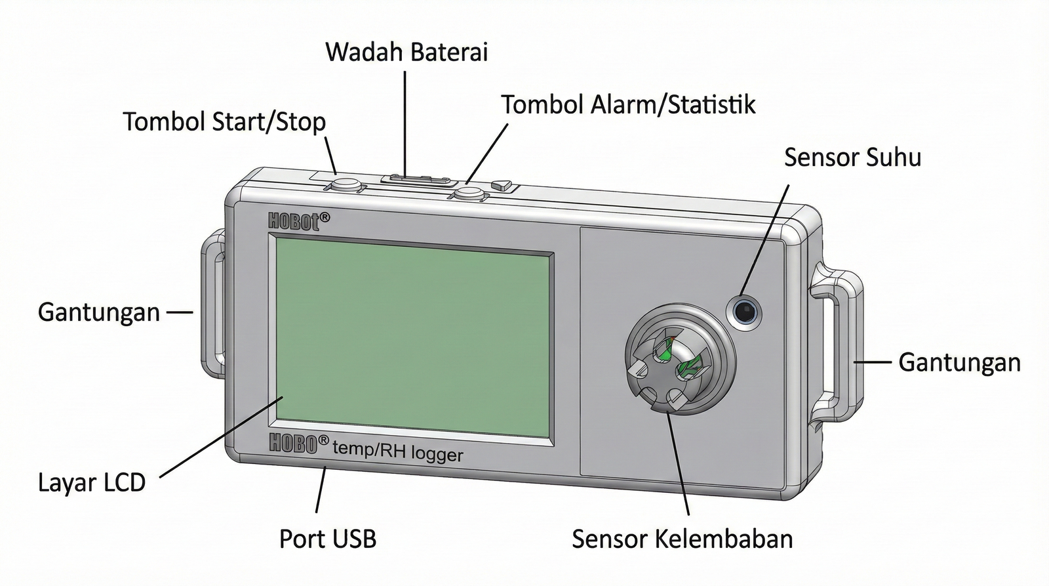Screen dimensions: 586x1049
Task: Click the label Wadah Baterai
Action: [x=406, y=52]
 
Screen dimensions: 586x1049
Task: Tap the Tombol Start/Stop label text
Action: [x=224, y=122]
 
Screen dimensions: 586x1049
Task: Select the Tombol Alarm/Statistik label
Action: [x=628, y=105]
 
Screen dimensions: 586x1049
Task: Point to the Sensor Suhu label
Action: [x=852, y=157]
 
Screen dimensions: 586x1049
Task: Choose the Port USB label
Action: [x=328, y=539]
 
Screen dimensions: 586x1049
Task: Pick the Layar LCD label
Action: [x=92, y=483]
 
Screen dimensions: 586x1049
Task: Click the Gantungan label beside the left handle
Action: [x=98, y=312]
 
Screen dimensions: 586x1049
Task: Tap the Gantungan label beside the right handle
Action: [x=959, y=362]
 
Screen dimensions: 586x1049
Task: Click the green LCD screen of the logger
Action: [x=413, y=338]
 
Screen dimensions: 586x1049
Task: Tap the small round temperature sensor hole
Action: [x=745, y=310]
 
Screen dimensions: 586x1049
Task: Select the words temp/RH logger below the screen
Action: [x=398, y=451]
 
